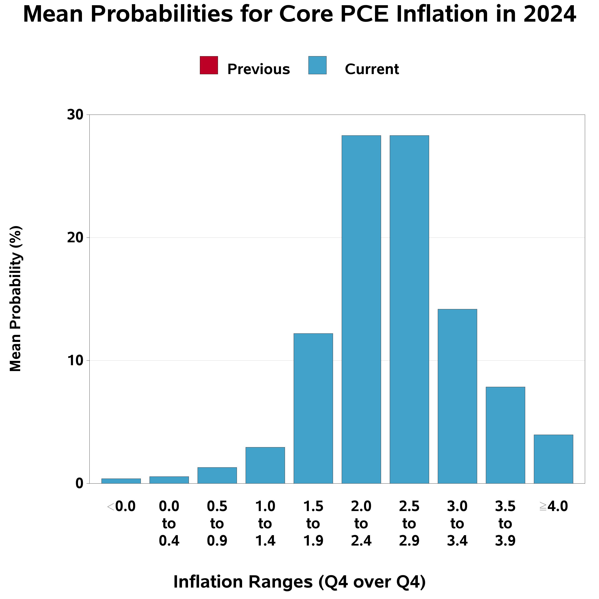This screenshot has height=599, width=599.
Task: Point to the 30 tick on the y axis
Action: click(x=75, y=115)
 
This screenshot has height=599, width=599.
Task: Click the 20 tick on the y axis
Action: click(x=75, y=238)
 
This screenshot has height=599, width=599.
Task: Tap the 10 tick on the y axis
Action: click(x=75, y=361)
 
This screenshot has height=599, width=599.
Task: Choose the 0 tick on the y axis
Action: click(x=79, y=483)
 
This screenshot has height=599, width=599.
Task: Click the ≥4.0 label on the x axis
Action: click(x=553, y=507)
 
